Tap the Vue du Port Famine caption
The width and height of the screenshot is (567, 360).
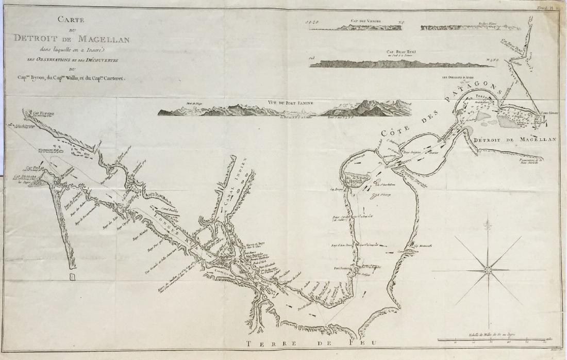click(x=290, y=102)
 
